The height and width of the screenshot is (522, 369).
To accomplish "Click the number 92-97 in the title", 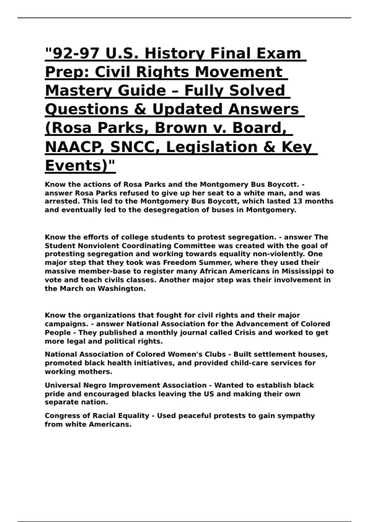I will [x=76, y=53].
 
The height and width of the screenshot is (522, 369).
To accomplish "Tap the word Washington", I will [x=121, y=289].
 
